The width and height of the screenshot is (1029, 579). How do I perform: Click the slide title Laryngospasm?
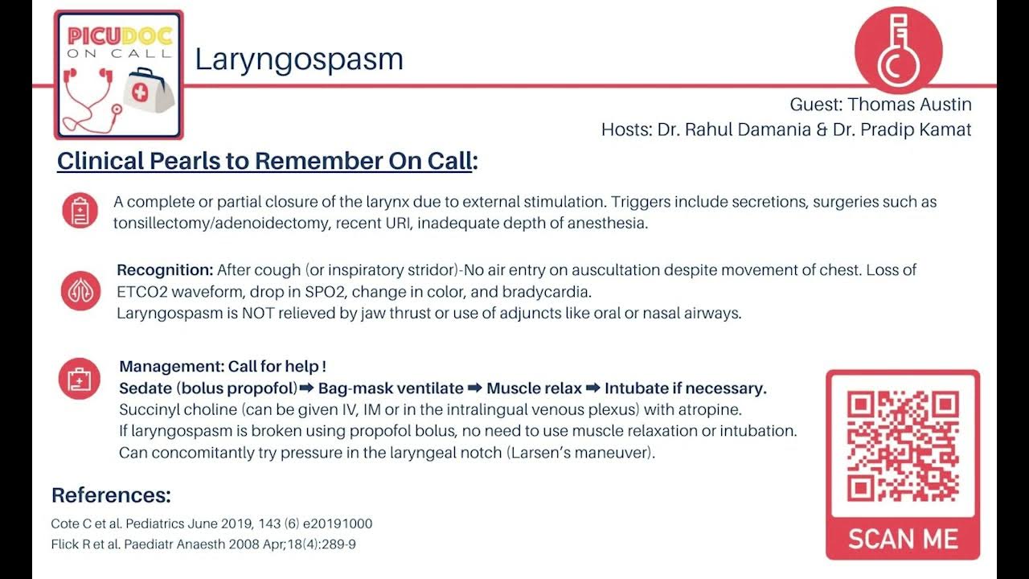(x=299, y=59)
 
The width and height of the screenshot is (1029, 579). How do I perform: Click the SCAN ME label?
(x=903, y=539)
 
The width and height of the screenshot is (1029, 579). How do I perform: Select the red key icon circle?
(x=898, y=50)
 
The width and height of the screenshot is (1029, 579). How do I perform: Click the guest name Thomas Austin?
(x=909, y=105)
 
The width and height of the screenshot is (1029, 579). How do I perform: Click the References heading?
(x=111, y=495)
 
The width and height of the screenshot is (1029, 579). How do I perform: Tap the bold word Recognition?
(x=165, y=269)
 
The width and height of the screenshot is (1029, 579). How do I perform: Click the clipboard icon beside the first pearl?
(x=80, y=211)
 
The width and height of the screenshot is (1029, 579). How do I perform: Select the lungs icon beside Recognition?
(x=80, y=290)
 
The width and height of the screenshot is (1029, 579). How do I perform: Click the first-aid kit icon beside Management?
(x=80, y=378)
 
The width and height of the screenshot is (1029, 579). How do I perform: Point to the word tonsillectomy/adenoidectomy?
(x=221, y=223)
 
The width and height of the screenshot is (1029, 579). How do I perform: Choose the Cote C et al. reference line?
(x=211, y=524)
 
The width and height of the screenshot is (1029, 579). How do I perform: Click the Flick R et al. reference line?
(x=203, y=544)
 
